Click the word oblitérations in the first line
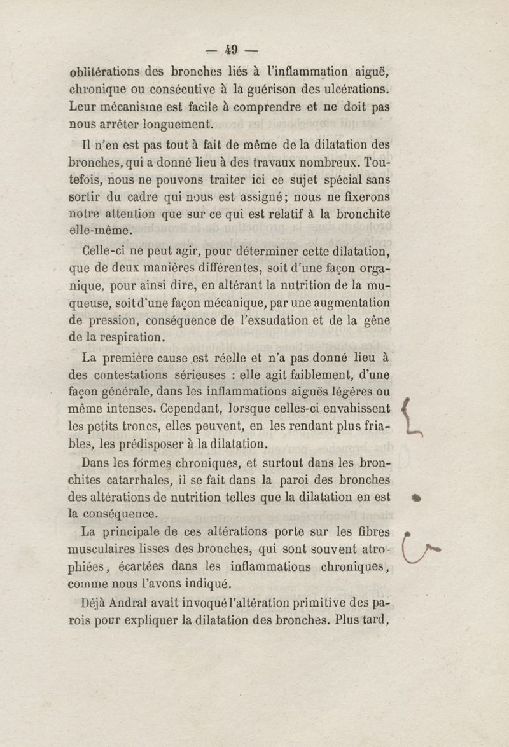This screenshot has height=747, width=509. pyautogui.click(x=104, y=71)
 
